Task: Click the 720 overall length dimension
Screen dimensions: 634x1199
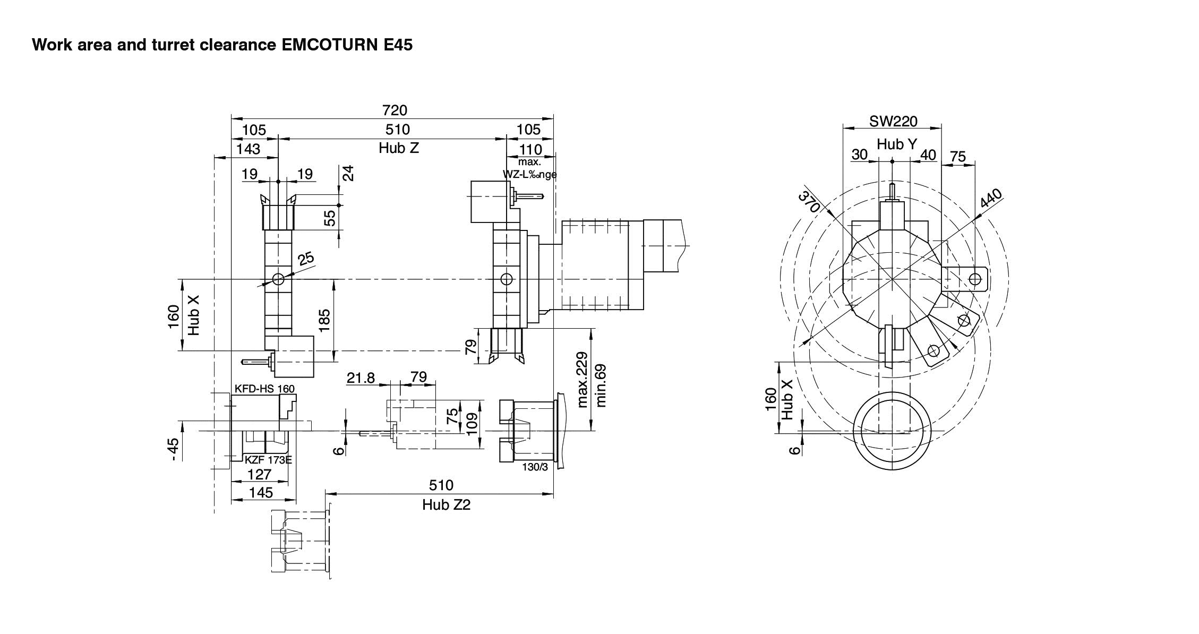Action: pyautogui.click(x=395, y=110)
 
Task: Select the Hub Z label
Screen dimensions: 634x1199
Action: pyautogui.click(x=399, y=148)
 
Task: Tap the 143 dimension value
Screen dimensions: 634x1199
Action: pyautogui.click(x=248, y=149)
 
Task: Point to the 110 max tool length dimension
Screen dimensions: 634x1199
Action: pyautogui.click(x=530, y=150)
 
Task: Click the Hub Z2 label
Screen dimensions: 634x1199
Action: pyautogui.click(x=446, y=504)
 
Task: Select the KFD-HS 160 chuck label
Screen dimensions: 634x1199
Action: pyautogui.click(x=264, y=389)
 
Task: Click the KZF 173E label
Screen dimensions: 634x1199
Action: pyautogui.click(x=268, y=460)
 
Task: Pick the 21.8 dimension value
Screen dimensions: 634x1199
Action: pyautogui.click(x=361, y=378)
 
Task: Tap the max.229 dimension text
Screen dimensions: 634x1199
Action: pyautogui.click(x=583, y=380)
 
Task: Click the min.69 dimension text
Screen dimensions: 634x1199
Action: pyautogui.click(x=601, y=385)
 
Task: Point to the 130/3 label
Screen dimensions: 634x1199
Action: pyautogui.click(x=535, y=467)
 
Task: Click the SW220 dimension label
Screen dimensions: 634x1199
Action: pyautogui.click(x=893, y=122)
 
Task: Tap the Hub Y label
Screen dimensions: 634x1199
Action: pyautogui.click(x=896, y=144)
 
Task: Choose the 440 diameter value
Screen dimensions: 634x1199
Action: pyautogui.click(x=991, y=198)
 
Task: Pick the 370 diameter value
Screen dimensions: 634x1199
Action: pyautogui.click(x=809, y=201)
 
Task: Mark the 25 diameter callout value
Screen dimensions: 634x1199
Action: pyautogui.click(x=306, y=259)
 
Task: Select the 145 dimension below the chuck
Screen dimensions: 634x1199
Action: pyautogui.click(x=261, y=493)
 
